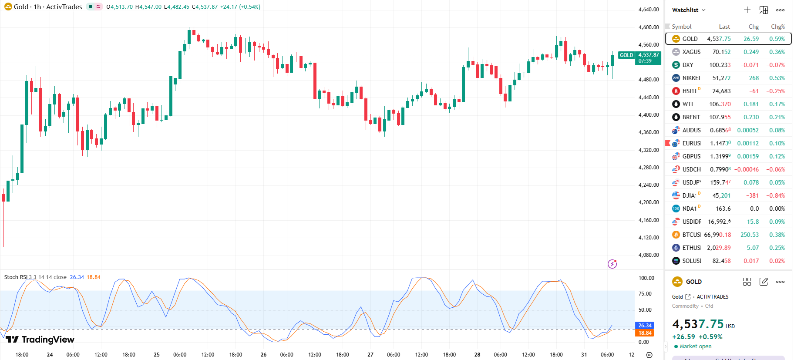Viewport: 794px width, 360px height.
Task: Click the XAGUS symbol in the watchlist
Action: [x=691, y=52]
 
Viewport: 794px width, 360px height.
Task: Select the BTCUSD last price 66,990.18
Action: [x=717, y=235]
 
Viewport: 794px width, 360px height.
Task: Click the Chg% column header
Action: [x=777, y=27]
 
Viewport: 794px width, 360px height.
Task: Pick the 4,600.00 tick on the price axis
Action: [x=648, y=27]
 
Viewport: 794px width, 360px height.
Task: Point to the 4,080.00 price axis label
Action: [x=648, y=255]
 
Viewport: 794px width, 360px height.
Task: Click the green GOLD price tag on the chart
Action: [x=626, y=55]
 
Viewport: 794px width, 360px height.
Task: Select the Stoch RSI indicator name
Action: [x=16, y=277]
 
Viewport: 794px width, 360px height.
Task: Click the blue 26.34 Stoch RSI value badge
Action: [x=645, y=326]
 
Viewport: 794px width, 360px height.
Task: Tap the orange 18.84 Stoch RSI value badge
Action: [x=645, y=333]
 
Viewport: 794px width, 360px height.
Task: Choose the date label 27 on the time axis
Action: [x=370, y=355]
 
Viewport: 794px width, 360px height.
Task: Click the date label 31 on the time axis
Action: [x=584, y=355]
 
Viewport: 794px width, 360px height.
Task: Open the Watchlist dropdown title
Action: [x=688, y=10]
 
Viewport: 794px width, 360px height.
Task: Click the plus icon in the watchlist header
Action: [x=747, y=10]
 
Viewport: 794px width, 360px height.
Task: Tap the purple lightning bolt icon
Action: [x=612, y=264]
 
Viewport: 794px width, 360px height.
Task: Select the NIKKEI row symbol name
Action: [x=691, y=78]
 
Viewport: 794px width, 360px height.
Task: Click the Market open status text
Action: [x=695, y=347]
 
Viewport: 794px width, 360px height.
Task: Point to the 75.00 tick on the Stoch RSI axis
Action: [x=645, y=294]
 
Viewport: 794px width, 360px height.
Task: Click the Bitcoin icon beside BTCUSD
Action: [x=676, y=235]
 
